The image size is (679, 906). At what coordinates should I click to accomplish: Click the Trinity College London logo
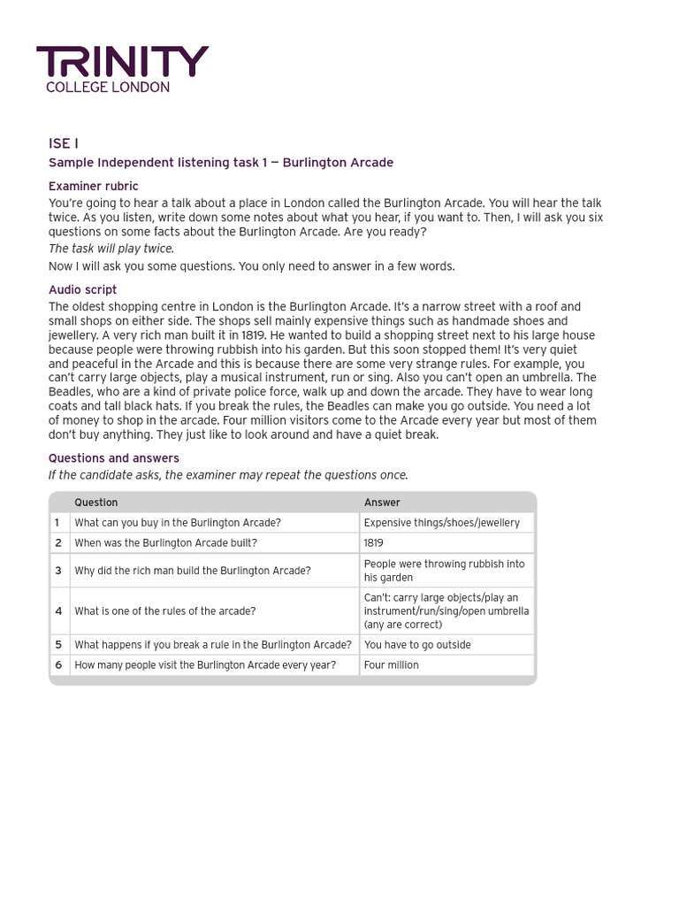click(x=122, y=69)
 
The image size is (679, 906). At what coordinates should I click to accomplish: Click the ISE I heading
click(x=64, y=143)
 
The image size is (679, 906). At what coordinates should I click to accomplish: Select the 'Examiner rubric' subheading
click(x=93, y=186)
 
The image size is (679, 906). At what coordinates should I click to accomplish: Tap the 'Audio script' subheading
click(x=82, y=289)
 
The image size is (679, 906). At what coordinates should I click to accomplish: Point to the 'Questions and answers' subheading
click(x=113, y=457)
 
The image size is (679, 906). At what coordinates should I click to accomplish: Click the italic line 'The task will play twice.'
click(x=111, y=249)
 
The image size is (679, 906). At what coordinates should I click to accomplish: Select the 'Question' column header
click(x=95, y=502)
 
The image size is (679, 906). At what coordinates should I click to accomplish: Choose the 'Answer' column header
click(x=382, y=502)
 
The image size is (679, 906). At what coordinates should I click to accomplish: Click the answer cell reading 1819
click(x=374, y=542)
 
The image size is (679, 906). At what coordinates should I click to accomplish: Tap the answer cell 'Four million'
click(x=391, y=664)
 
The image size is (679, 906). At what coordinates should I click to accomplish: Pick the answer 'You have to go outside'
click(x=417, y=644)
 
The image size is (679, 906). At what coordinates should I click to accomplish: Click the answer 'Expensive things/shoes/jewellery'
click(x=441, y=522)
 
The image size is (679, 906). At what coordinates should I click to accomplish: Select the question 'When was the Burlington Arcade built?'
click(x=165, y=542)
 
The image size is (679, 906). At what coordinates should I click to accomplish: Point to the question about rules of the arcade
click(x=164, y=610)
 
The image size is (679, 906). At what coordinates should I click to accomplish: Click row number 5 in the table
click(x=58, y=644)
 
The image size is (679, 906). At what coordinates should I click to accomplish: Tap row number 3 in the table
click(x=58, y=571)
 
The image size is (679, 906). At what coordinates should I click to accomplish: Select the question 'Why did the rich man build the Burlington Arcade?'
click(x=192, y=571)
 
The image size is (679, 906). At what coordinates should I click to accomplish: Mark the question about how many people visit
click(x=204, y=664)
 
